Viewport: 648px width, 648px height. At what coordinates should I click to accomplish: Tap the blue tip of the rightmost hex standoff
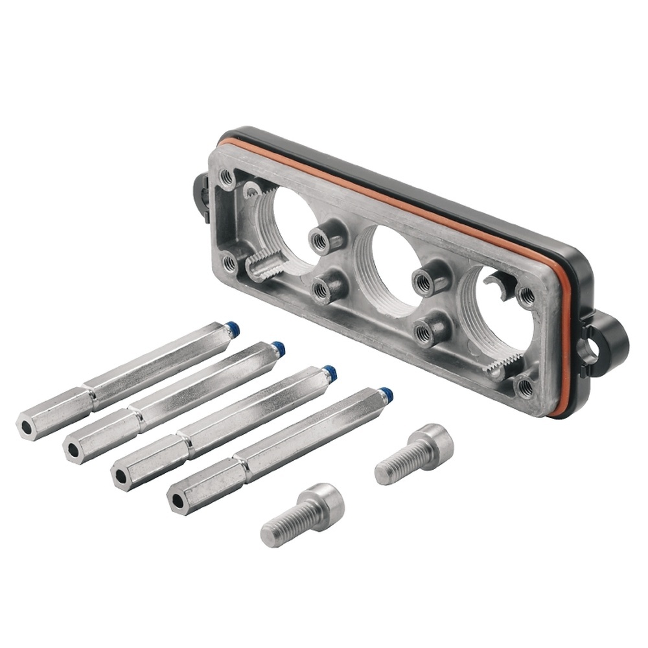coord(386,393)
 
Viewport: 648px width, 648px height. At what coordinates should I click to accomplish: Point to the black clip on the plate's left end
coord(200,194)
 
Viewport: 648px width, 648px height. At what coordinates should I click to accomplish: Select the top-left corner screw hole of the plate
coord(227,177)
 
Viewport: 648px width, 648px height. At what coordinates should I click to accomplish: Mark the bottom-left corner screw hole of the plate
coord(230,262)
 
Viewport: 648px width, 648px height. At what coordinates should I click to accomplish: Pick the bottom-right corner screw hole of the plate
coord(524,387)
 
